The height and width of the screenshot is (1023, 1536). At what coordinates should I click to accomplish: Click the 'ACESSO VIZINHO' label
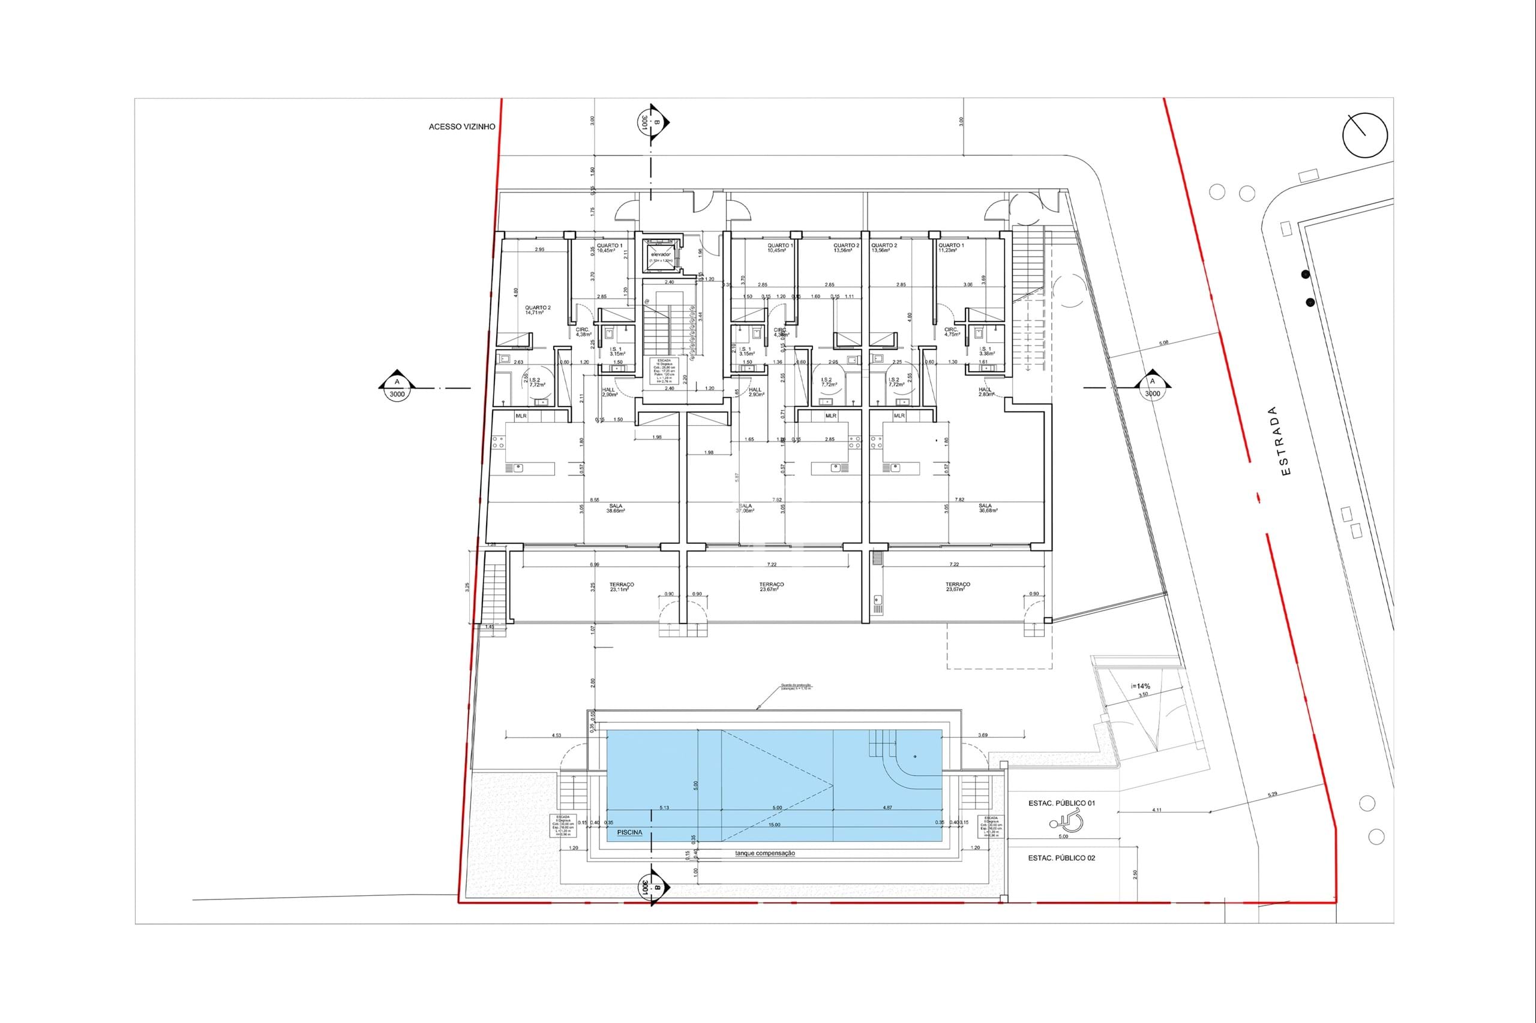click(x=461, y=127)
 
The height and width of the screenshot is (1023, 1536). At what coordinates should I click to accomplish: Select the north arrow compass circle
click(x=1364, y=135)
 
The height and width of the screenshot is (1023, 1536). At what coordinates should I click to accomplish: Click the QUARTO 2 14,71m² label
click(x=538, y=310)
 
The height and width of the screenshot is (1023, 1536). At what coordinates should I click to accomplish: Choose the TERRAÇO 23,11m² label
click(x=622, y=586)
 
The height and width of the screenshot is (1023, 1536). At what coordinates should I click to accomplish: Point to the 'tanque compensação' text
click(x=764, y=853)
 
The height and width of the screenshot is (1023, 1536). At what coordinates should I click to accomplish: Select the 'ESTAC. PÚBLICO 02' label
click(x=1061, y=858)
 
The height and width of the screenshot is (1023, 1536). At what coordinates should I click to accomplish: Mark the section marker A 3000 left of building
click(x=396, y=389)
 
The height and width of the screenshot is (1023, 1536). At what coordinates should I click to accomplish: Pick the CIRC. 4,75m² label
click(x=952, y=332)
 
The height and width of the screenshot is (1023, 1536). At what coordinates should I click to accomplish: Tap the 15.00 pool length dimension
click(x=774, y=825)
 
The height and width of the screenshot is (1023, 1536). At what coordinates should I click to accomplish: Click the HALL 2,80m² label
click(x=985, y=392)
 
